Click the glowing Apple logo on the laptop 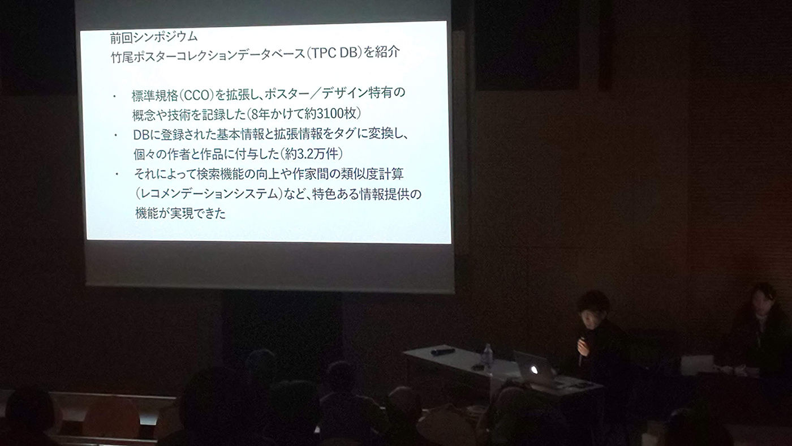(x=534, y=370)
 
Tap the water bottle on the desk (x=488, y=358)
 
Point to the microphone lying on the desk (x=442, y=351)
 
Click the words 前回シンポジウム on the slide (x=154, y=37)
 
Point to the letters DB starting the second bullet (x=141, y=135)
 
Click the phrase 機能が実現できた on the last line (x=180, y=213)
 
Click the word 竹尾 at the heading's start (x=123, y=57)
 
